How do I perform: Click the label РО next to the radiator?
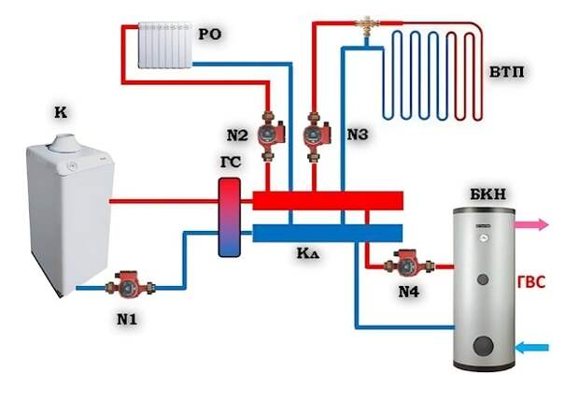[x=210, y=35]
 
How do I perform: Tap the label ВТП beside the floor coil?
[x=506, y=72]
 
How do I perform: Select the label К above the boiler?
[x=61, y=112]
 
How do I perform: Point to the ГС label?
[x=231, y=162]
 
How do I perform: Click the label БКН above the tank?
[x=487, y=194]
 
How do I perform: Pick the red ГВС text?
[x=531, y=282]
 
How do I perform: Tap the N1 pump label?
[x=127, y=319]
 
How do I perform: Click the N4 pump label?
[x=409, y=293]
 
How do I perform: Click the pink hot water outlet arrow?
[x=532, y=224]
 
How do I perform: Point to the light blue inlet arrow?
[x=531, y=348]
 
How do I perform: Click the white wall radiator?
[x=165, y=46]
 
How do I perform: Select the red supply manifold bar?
[x=328, y=200]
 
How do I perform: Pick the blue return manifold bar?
[x=328, y=233]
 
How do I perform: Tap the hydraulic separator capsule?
[x=229, y=218]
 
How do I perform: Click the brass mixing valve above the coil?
[x=366, y=25]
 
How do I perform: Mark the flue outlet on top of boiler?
[x=65, y=143]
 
